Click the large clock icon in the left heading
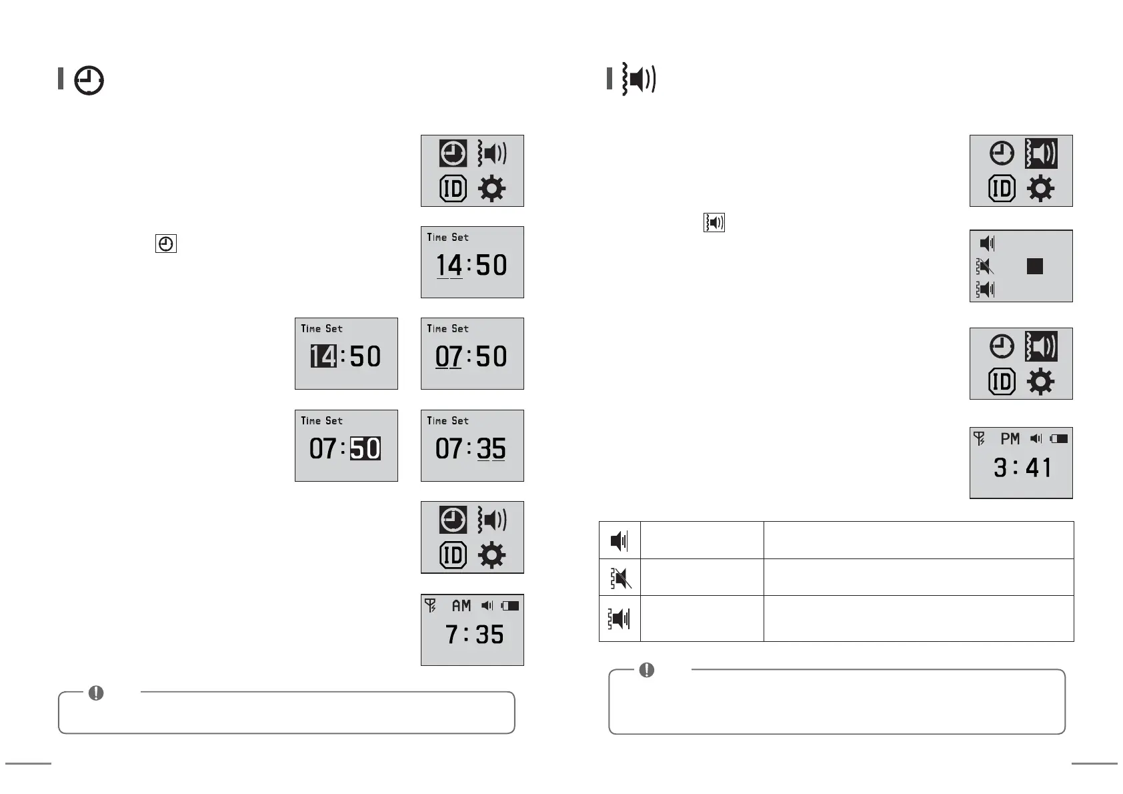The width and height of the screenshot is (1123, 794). pos(89,81)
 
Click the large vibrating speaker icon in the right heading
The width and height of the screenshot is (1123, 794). pos(639,79)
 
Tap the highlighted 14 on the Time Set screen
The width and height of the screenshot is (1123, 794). pos(323,356)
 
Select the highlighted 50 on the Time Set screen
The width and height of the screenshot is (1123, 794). pos(365,448)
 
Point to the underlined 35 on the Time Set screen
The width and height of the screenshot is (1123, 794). pos(491,448)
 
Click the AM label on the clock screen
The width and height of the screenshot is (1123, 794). pos(461,606)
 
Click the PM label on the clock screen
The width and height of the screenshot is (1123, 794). pos(1010,438)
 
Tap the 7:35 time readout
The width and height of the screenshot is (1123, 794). pos(474,635)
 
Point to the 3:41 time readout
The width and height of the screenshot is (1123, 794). pos(1022,468)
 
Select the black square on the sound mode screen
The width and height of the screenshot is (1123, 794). pos(1034,266)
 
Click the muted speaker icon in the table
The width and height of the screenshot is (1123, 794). pos(620,578)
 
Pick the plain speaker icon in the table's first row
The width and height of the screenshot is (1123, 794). pos(620,540)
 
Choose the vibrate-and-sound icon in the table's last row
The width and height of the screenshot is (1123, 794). pos(620,619)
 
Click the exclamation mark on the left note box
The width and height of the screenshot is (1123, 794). pos(96,693)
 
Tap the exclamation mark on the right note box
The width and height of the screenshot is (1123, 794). pos(646,670)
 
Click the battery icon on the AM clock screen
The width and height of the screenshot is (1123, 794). pos(510,606)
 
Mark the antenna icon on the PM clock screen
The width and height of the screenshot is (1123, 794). pos(979,438)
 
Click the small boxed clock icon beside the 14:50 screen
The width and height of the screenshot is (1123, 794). pos(165,244)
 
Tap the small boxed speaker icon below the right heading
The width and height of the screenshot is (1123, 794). pos(714,223)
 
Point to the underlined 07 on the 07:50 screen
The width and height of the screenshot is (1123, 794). pos(448,357)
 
